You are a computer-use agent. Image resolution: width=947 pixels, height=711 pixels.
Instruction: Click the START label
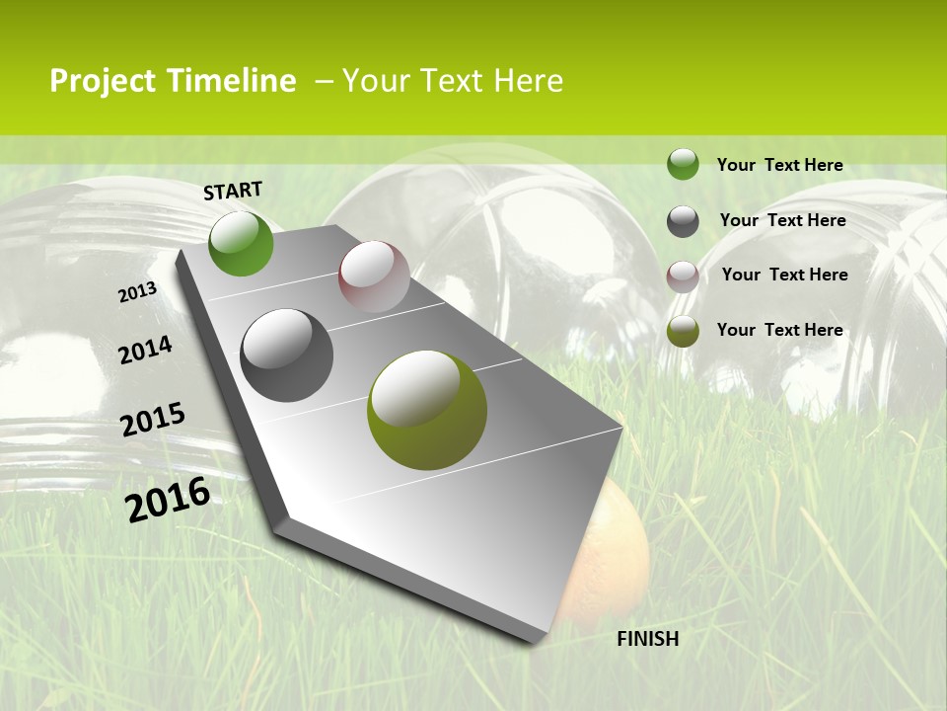point(233,191)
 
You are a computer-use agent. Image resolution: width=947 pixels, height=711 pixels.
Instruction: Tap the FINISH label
point(647,639)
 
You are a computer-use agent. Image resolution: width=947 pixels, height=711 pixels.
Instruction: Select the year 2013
point(137,292)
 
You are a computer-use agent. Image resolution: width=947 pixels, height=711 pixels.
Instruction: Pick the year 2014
point(145,351)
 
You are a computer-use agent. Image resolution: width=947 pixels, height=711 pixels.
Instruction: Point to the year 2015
point(153,420)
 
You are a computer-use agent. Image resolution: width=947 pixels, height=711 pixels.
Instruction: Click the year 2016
point(168,500)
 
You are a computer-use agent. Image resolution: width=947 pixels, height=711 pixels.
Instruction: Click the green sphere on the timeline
point(241,243)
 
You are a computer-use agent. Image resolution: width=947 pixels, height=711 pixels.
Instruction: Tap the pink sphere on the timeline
point(374,276)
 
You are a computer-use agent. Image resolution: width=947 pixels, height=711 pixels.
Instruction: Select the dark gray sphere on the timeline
point(286,355)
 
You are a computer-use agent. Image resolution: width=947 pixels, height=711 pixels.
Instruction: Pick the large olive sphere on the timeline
point(427,410)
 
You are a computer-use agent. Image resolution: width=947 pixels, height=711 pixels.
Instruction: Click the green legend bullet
point(683,165)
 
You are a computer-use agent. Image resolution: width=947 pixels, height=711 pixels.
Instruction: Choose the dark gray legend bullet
point(683,221)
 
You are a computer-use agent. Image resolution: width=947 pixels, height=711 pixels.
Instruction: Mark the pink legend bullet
point(683,276)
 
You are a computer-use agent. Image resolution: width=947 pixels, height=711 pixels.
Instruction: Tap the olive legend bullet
point(683,331)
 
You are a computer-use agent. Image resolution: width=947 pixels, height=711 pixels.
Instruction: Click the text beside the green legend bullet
point(779,165)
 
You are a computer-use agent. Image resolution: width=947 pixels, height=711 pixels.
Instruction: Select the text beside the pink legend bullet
point(784,275)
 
